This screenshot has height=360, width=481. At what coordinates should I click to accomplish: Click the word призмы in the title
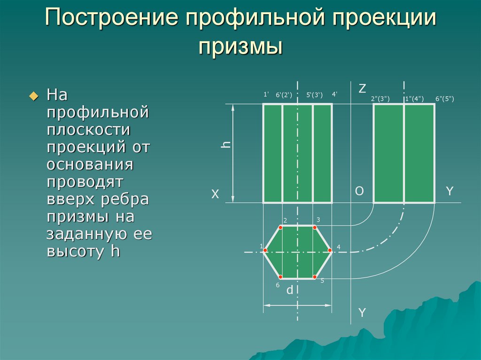[x=240, y=47]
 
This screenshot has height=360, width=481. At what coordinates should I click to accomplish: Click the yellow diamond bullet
[x=34, y=96]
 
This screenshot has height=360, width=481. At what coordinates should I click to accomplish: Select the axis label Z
[x=362, y=88]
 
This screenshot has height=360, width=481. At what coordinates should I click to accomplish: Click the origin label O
[x=359, y=191]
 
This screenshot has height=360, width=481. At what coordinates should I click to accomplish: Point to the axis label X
[x=215, y=194]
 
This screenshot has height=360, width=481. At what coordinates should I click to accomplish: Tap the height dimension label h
[x=226, y=145]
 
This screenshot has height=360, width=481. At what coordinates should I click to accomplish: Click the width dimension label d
[x=289, y=290]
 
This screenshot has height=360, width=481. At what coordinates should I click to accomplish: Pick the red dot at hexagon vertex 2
[x=280, y=227]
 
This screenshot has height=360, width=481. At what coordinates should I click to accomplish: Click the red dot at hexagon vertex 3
[x=314, y=227]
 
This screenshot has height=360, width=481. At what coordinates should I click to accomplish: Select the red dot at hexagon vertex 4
[x=330, y=251]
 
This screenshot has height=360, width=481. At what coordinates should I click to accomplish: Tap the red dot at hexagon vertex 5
[x=314, y=277]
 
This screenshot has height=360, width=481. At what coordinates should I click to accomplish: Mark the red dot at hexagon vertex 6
[x=280, y=277]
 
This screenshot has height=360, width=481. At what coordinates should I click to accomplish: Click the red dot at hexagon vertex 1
[x=265, y=251]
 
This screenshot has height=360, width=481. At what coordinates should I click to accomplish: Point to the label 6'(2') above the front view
[x=284, y=95]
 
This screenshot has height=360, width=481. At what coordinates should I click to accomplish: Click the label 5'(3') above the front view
[x=314, y=95]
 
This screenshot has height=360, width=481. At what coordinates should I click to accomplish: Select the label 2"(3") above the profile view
[x=380, y=99]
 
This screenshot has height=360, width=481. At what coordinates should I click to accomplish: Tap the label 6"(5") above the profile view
[x=445, y=99]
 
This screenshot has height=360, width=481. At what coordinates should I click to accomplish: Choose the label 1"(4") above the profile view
[x=414, y=99]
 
